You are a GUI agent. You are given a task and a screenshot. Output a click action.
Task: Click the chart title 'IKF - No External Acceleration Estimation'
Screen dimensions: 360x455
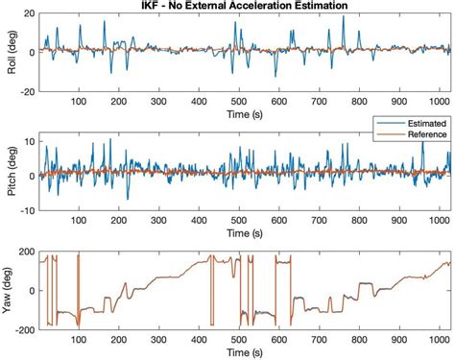tap(238, 7)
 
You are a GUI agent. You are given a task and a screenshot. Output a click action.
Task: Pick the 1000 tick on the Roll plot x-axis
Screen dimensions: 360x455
tap(440, 100)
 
